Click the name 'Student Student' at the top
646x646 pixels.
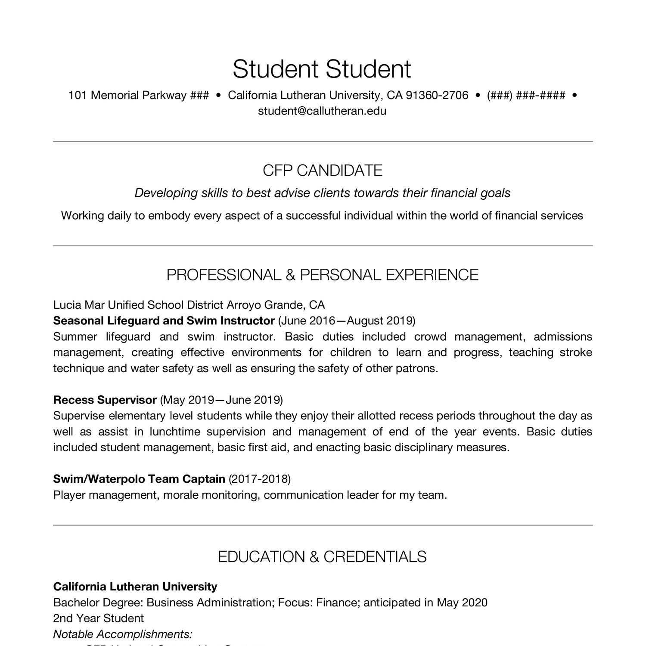[322, 69]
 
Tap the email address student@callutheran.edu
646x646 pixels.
[322, 111]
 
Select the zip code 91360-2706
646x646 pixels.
[437, 95]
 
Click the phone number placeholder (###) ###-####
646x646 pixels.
[526, 95]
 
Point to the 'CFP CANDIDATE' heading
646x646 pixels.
[323, 171]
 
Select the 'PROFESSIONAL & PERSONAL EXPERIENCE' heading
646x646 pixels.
[322, 275]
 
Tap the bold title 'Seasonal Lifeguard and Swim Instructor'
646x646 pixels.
[164, 321]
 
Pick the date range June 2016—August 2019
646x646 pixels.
[347, 321]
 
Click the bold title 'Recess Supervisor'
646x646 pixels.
[105, 400]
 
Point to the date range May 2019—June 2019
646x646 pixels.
[221, 400]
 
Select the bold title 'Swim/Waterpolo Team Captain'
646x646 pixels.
[139, 479]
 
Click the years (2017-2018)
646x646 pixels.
[260, 479]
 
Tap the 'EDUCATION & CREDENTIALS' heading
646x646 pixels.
[322, 557]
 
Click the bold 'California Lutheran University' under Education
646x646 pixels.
[135, 587]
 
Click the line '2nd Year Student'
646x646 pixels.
[98, 618]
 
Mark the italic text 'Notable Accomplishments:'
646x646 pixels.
[123, 634]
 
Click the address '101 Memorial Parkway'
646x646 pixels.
[127, 95]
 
